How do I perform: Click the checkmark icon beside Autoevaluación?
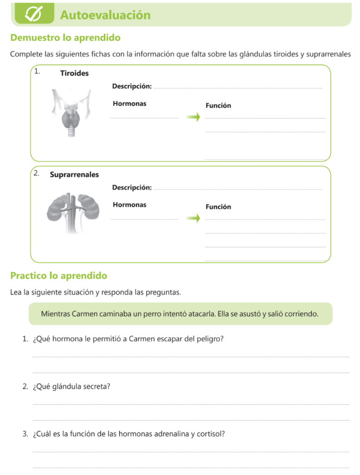click(x=34, y=14)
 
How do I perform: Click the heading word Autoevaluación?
click(x=105, y=15)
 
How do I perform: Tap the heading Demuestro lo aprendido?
click(x=65, y=38)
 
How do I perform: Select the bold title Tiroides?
click(x=74, y=73)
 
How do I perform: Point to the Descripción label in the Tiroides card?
click(x=132, y=86)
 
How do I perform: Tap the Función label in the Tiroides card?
click(x=218, y=105)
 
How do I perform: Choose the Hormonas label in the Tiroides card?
click(x=129, y=103)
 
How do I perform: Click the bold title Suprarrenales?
click(x=74, y=175)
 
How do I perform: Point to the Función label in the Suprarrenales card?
click(x=218, y=207)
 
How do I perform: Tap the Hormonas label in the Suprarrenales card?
click(x=129, y=205)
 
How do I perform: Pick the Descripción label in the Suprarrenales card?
click(x=132, y=187)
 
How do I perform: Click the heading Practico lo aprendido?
click(x=58, y=276)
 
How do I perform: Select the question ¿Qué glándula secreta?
click(x=71, y=386)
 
